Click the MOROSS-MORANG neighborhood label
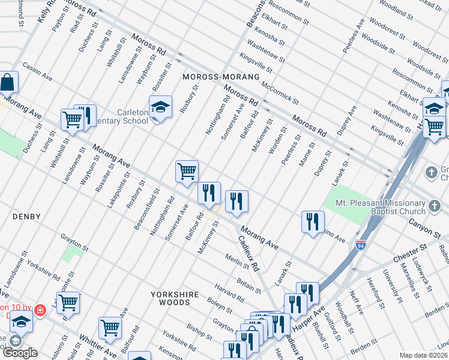[221, 77]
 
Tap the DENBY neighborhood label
[28, 217]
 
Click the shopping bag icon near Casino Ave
[7, 82]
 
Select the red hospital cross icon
[40, 311]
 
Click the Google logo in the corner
[20, 353]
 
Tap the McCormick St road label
[280, 89]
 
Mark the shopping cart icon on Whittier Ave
[110, 328]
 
